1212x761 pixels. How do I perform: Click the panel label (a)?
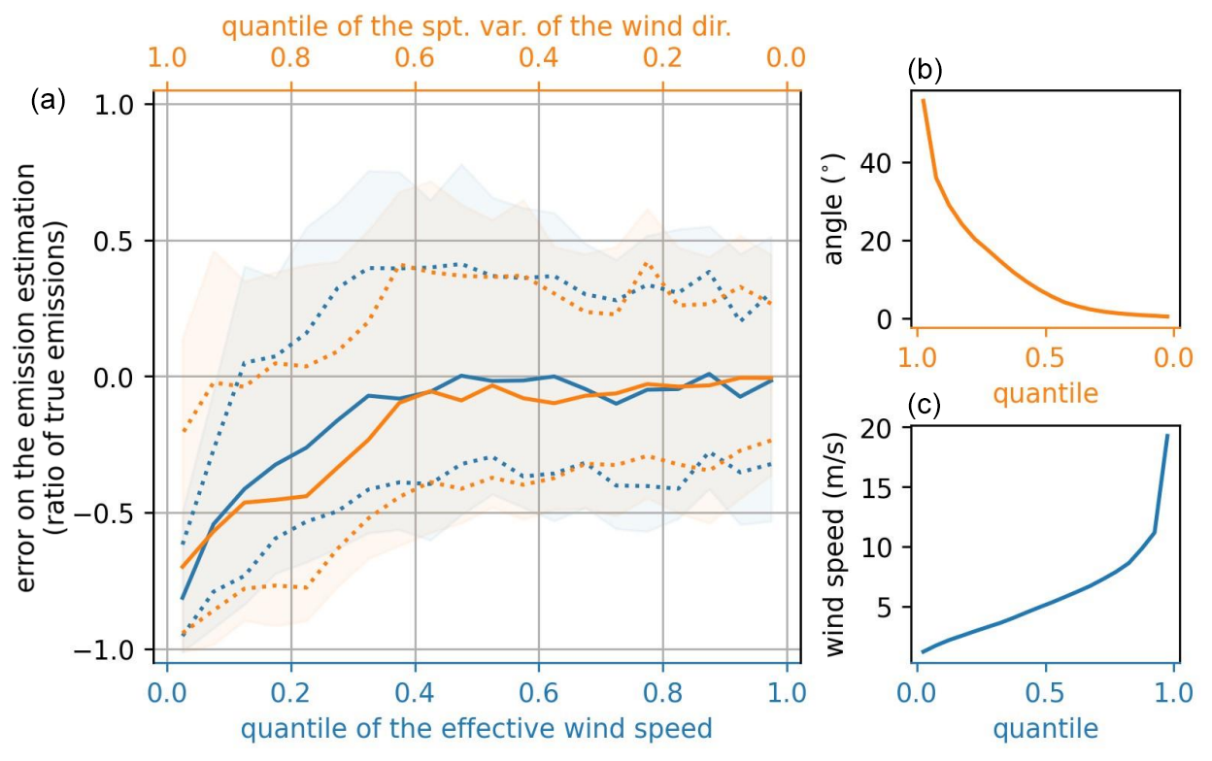pyautogui.click(x=48, y=100)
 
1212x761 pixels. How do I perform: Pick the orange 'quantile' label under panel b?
pyautogui.click(x=1046, y=393)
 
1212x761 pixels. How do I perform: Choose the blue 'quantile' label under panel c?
pyautogui.click(x=1046, y=728)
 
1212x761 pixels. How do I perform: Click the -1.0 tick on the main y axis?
pyautogui.click(x=119, y=649)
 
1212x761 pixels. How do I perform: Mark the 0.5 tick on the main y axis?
pyautogui.click(x=125, y=241)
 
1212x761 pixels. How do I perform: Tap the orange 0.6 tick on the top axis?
pyautogui.click(x=415, y=57)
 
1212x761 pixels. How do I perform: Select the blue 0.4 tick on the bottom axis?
pyautogui.click(x=415, y=695)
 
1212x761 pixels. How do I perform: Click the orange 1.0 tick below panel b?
pyautogui.click(x=917, y=357)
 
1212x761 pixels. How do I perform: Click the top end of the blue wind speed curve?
pyautogui.click(x=1166, y=435)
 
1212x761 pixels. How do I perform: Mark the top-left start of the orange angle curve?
pyautogui.click(x=923, y=100)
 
